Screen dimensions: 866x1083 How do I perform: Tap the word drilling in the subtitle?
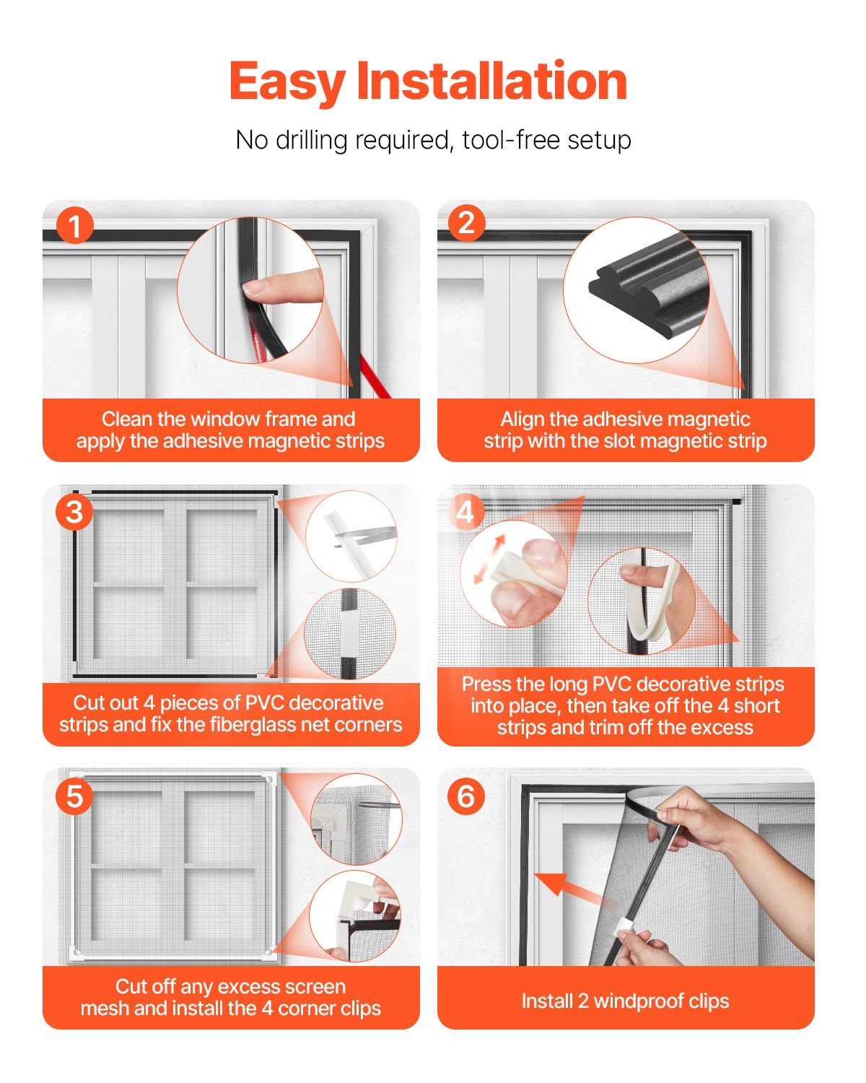pos(312,140)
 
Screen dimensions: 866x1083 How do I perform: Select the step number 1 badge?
pos(74,225)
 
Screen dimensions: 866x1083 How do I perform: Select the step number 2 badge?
pos(466,222)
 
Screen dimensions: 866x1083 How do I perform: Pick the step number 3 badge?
pos(74,512)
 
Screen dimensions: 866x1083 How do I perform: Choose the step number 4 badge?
pos(465,512)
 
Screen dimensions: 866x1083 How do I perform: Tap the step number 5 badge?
pos(74,796)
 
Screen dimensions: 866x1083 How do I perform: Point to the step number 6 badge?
pos(466,796)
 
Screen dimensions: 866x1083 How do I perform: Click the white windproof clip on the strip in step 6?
pos(626,924)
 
